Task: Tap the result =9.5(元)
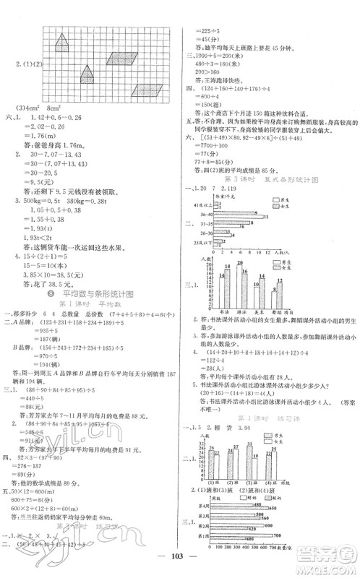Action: [41, 183]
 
